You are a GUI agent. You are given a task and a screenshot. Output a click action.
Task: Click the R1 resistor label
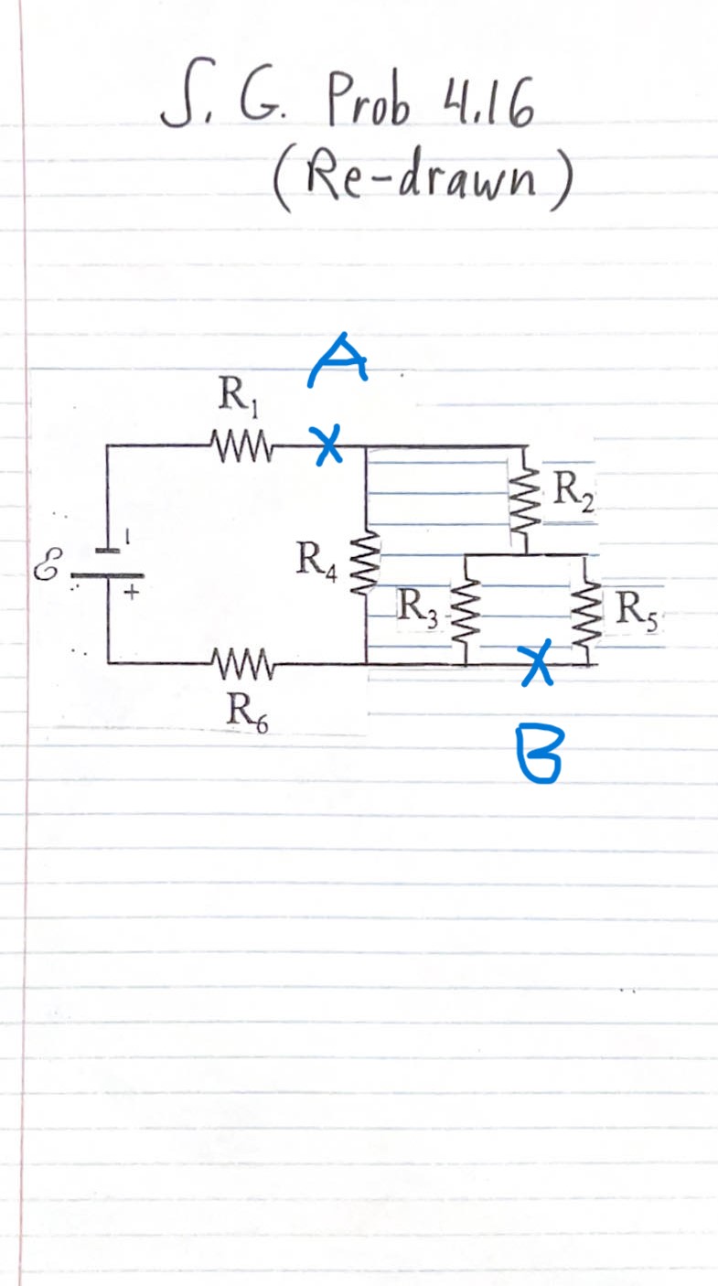(230, 398)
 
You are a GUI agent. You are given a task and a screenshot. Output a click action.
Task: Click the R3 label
(416, 606)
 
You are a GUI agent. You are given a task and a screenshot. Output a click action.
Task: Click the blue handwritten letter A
(337, 359)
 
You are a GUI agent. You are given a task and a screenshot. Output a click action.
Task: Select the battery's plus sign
(131, 594)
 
